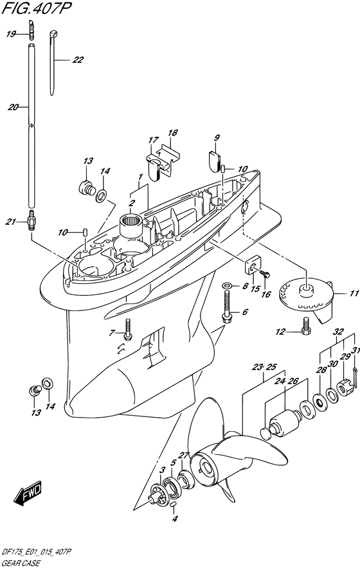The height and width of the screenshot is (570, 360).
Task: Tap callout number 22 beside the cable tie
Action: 78,60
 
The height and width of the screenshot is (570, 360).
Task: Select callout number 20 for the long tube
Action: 13,107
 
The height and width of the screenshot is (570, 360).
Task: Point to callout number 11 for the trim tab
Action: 354,293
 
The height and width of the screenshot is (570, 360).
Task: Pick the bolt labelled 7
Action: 127,330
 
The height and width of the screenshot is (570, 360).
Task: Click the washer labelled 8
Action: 226,285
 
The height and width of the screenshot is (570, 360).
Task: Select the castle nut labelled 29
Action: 344,387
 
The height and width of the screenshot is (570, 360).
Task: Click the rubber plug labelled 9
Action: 215,158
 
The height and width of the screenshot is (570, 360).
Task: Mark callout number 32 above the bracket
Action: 338,332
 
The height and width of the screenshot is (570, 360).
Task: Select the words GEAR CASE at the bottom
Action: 21,564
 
